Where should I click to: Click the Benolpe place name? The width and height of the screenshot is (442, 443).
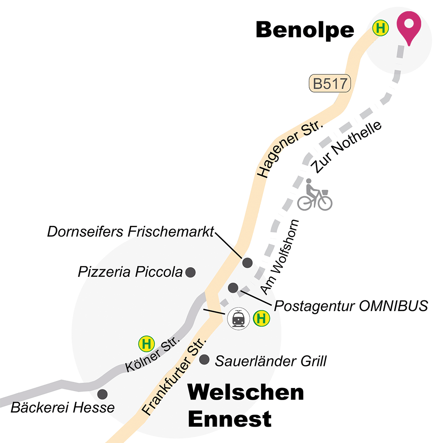point(305,30)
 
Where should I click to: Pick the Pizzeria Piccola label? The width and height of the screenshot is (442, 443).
point(130,272)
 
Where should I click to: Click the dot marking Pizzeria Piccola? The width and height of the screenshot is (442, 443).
point(191,272)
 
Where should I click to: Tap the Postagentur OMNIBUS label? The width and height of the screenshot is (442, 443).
point(351,306)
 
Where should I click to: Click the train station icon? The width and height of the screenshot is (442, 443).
point(238,318)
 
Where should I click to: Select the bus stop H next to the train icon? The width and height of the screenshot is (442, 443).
point(261,318)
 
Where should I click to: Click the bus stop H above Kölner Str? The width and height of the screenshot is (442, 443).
point(147,343)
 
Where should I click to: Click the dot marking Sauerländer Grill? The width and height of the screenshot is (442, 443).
point(204,360)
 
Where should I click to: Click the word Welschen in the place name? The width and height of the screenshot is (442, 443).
point(246,392)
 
